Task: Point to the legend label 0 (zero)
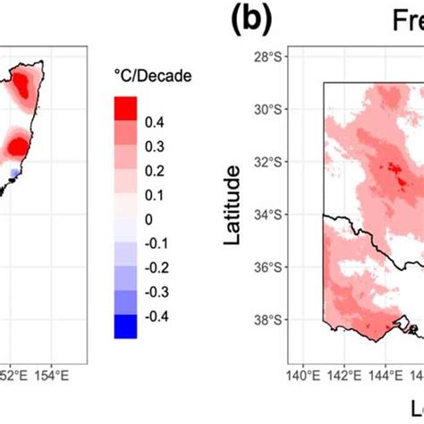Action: [148, 218]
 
